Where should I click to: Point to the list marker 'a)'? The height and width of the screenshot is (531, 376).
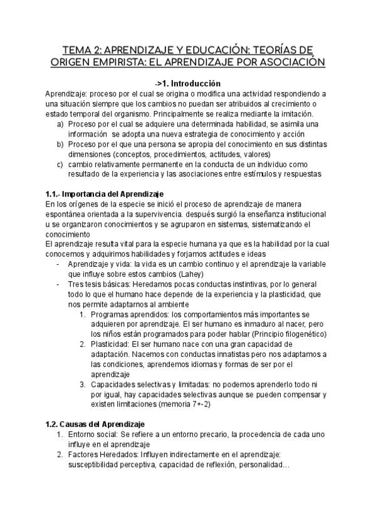coord(60,124)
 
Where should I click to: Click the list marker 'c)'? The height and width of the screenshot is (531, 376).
coord(60,164)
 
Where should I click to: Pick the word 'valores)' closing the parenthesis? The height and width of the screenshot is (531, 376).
coord(256,154)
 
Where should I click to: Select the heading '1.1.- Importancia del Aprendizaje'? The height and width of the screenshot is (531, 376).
coord(105,194)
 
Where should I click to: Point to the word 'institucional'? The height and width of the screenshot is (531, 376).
coord(298,214)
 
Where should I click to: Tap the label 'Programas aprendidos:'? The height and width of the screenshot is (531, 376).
coord(129,314)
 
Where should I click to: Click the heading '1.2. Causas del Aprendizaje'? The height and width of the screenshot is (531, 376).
coord(95,425)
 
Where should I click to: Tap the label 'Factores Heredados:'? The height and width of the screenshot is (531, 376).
coord(103,455)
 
